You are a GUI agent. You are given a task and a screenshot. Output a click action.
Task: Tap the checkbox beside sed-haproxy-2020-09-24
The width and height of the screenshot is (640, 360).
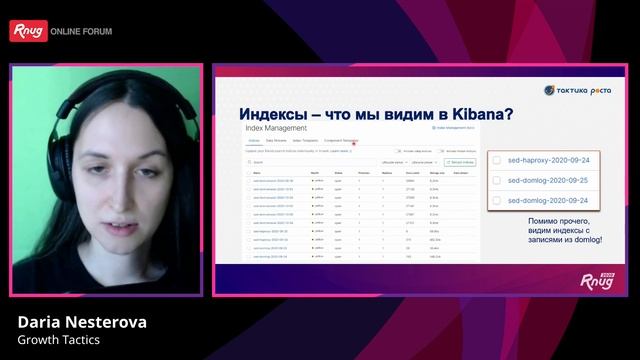point(496,160)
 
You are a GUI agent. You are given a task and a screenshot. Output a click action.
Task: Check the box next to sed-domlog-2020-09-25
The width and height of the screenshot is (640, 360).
point(496,181)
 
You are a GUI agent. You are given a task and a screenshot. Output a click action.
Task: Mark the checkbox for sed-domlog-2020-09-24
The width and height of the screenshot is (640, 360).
point(496,200)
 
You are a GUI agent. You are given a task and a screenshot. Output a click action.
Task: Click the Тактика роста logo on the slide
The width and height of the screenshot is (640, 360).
point(577,91)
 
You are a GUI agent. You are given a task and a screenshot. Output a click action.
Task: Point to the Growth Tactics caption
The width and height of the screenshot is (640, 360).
point(59,340)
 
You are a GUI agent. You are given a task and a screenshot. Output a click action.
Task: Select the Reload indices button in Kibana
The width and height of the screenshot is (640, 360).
point(460,160)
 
